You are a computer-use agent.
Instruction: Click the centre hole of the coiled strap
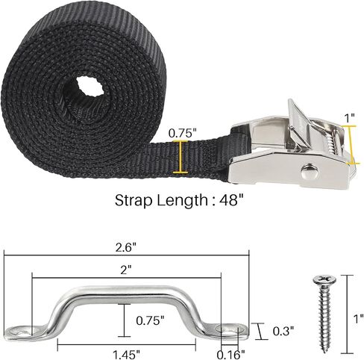pos(90,86)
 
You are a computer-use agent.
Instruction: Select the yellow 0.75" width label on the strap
pos(181,133)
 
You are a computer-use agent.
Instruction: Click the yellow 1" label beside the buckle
pos(349,118)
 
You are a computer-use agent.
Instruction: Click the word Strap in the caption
pos(134,200)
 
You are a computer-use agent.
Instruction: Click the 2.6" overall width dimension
pos(126,248)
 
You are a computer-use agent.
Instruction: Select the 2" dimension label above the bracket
pos(125,270)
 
